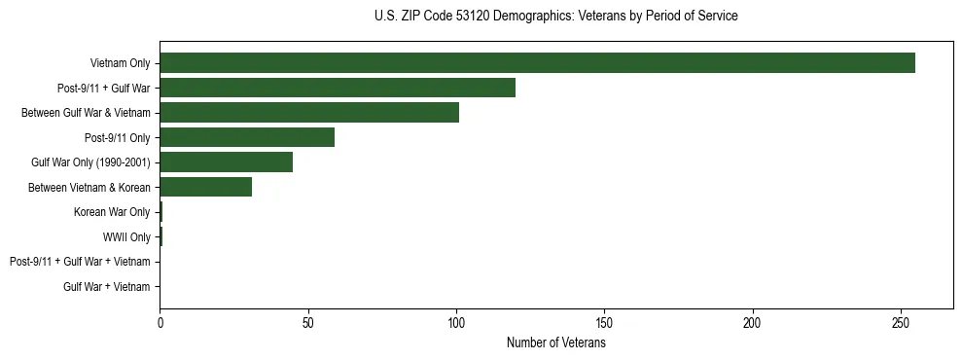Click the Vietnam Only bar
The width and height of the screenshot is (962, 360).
tap(537, 63)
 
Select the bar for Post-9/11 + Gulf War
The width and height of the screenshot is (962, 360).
tap(338, 88)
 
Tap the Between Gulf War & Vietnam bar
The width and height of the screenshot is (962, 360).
tap(309, 113)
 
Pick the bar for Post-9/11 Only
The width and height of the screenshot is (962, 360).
tap(247, 137)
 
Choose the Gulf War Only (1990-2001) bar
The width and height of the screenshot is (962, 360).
tap(227, 162)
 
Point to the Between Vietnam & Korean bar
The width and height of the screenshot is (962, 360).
tap(206, 187)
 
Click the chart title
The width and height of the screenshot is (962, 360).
tap(555, 17)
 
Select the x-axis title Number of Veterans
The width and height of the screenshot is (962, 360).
tap(555, 342)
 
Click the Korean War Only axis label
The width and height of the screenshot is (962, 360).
tap(112, 212)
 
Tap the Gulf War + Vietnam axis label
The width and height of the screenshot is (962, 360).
tap(107, 287)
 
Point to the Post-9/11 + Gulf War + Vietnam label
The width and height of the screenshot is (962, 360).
tap(80, 262)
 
